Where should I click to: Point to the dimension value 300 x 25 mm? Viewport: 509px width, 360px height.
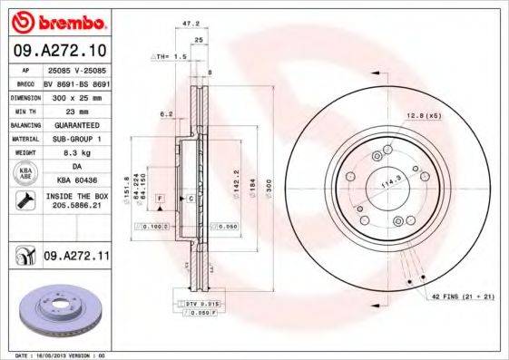pos(76,95)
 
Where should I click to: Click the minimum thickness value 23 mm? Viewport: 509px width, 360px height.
pos(76,109)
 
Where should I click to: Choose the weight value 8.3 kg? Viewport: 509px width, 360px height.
pos(76,153)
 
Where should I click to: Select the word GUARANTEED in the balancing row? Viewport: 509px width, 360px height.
pos(76,124)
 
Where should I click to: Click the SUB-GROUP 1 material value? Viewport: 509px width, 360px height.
pos(76,139)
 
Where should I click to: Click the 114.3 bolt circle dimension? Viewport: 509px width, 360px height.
pos(390,182)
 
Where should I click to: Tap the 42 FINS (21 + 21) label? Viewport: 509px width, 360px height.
pos(462,297)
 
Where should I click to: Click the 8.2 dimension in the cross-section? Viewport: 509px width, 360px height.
pos(166,114)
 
